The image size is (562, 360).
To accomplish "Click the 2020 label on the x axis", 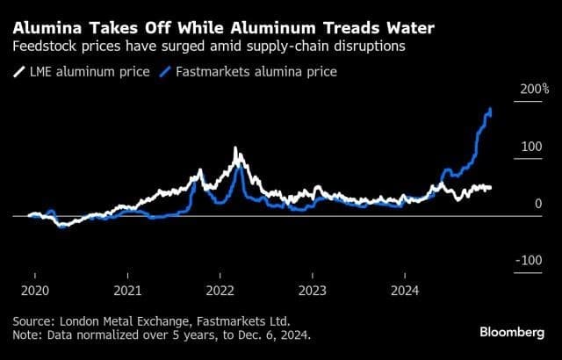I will point(34,289).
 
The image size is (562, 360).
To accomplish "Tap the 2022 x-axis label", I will point(220,289).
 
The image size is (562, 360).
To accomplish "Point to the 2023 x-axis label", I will point(313,289).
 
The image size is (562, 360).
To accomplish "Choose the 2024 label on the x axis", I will point(405,289).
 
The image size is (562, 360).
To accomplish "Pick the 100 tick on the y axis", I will point(532,147).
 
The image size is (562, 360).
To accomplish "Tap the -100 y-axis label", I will point(530,261).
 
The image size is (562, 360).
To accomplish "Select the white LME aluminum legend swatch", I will point(18,71).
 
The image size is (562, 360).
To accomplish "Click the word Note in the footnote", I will point(27,335).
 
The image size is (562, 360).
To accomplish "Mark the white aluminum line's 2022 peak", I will point(235,151).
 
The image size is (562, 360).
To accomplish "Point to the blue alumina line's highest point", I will point(490,109).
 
